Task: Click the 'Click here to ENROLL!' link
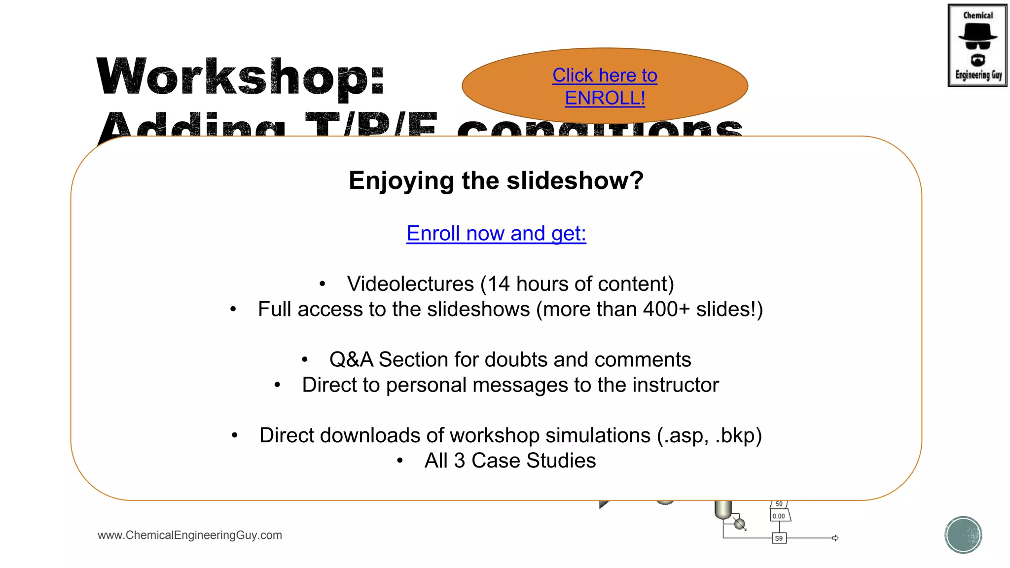click(x=605, y=87)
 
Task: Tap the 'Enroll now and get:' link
click(x=496, y=233)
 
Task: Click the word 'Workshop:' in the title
click(x=241, y=77)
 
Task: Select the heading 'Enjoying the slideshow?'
click(x=496, y=180)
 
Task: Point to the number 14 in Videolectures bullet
click(x=499, y=284)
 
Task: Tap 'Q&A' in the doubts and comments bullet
click(x=351, y=360)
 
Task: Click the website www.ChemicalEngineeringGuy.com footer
click(x=190, y=535)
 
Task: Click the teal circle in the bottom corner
click(x=963, y=535)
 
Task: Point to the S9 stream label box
click(x=779, y=538)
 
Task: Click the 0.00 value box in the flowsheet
click(x=779, y=516)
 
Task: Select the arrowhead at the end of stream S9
click(x=835, y=538)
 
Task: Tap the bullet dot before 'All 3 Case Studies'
click(x=400, y=461)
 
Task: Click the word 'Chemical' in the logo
click(x=978, y=15)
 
